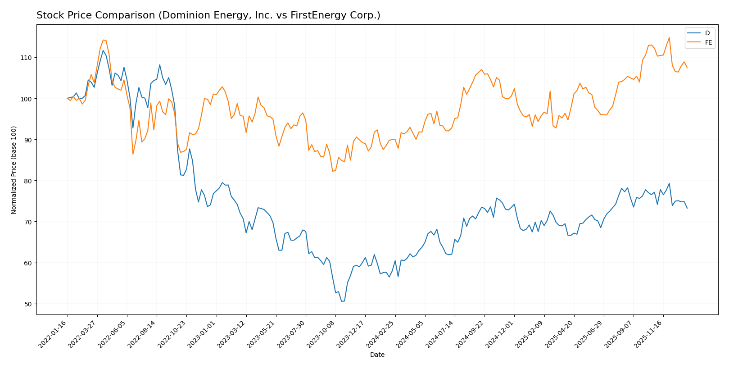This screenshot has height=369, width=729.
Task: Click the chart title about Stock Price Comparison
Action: click(x=208, y=15)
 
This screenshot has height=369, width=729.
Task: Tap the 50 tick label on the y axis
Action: click(x=28, y=304)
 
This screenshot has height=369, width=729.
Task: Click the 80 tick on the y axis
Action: click(x=28, y=181)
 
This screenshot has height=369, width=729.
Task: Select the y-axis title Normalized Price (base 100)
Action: click(x=14, y=170)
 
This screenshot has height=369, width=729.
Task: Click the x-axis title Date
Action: click(x=377, y=355)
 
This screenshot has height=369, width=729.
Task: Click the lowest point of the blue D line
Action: click(x=342, y=301)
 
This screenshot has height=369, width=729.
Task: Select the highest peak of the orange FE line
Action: click(x=669, y=37)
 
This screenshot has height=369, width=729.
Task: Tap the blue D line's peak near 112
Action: click(x=103, y=50)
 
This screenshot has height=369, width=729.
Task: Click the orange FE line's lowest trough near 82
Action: click(x=333, y=171)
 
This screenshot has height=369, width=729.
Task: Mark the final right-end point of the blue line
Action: click(x=687, y=208)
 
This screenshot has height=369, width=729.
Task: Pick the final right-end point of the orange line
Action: click(x=687, y=68)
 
